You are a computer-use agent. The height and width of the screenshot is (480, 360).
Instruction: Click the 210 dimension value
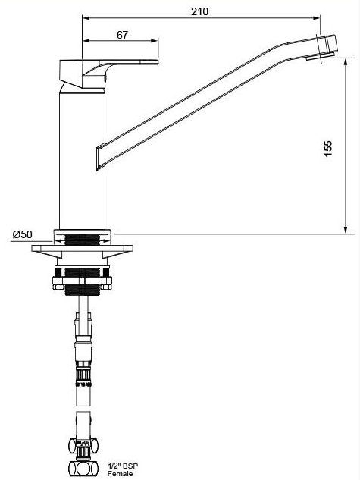pyautogui.click(x=199, y=11)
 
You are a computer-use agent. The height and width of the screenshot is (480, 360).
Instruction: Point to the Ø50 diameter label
pyautogui.click(x=22, y=234)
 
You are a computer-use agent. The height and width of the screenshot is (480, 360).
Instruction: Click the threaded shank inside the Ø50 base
pyautogui.click(x=83, y=238)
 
